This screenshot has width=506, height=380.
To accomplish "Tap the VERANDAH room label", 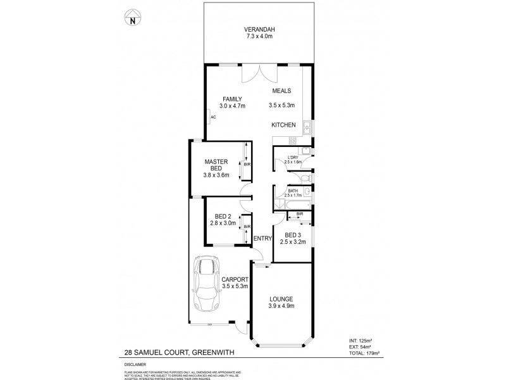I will click(x=260, y=30).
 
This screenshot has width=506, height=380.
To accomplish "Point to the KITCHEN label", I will click(x=283, y=125).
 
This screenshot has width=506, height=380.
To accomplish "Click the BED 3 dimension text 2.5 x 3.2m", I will click(x=293, y=241).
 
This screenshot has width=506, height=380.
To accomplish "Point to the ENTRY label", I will click(x=262, y=238).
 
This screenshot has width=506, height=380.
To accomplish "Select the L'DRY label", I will click(x=293, y=157).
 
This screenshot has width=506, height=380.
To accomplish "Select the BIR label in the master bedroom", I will click(x=247, y=165).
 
